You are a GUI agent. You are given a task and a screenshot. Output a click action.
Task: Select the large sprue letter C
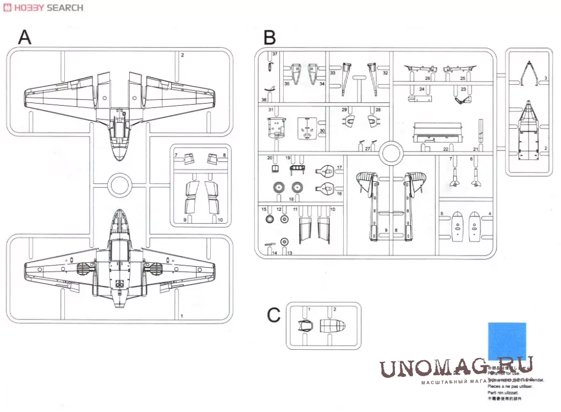[x=273, y=315]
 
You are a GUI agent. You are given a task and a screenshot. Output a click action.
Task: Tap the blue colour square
[x=507, y=341]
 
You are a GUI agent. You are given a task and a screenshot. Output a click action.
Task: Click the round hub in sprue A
[x=119, y=186]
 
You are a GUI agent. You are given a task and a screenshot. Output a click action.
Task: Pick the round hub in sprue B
[x=390, y=152]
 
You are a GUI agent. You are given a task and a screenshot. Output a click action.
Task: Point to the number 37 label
[x=274, y=53]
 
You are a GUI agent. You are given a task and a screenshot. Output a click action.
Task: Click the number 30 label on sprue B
[x=322, y=131]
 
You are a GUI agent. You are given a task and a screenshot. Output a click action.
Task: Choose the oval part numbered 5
[x=457, y=226]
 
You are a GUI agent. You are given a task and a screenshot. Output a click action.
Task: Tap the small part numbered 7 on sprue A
[x=189, y=160]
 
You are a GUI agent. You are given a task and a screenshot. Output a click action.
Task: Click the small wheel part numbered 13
[x=284, y=241]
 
